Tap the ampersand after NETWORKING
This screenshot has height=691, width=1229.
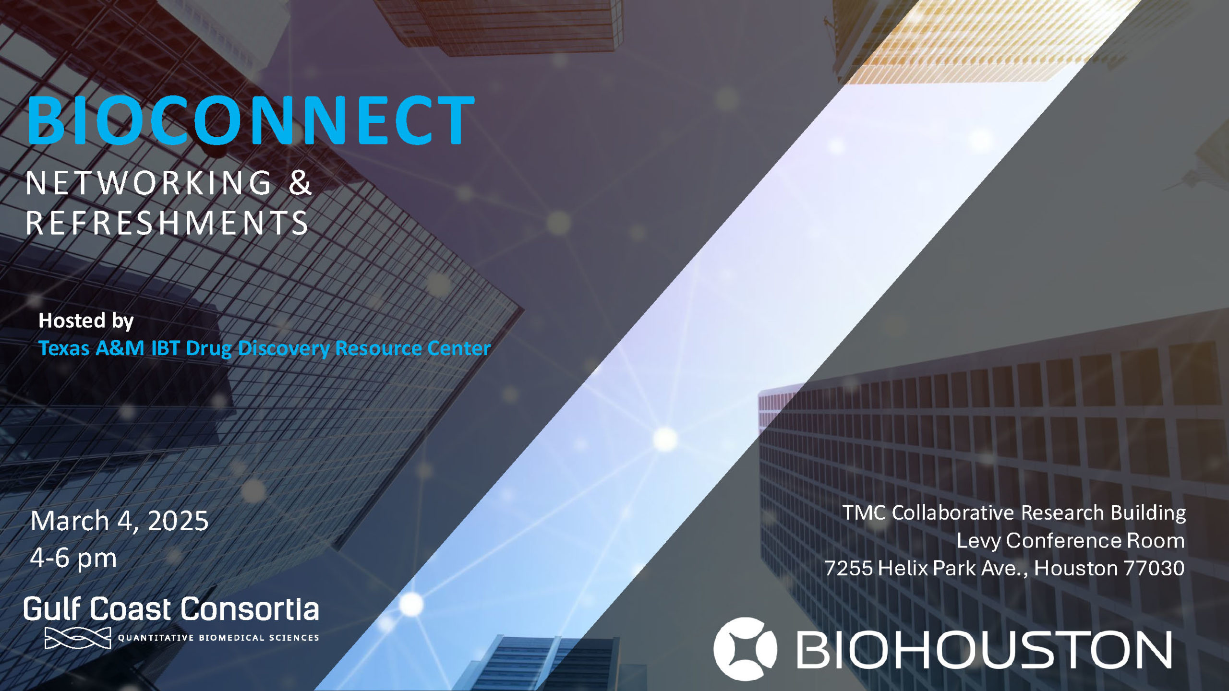tap(300, 183)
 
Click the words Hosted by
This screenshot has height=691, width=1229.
tap(86, 321)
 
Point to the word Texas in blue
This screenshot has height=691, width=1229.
tap(64, 348)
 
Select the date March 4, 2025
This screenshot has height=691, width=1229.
tap(120, 521)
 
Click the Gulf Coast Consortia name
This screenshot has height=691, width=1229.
tap(171, 609)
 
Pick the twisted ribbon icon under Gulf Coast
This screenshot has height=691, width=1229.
tap(78, 638)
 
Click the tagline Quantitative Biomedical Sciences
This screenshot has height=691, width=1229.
tap(218, 638)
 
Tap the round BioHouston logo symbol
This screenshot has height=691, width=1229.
tap(745, 649)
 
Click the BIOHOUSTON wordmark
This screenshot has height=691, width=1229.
tap(984, 649)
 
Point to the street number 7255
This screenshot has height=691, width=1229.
tap(849, 569)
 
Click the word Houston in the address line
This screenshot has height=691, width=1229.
tap(1075, 569)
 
